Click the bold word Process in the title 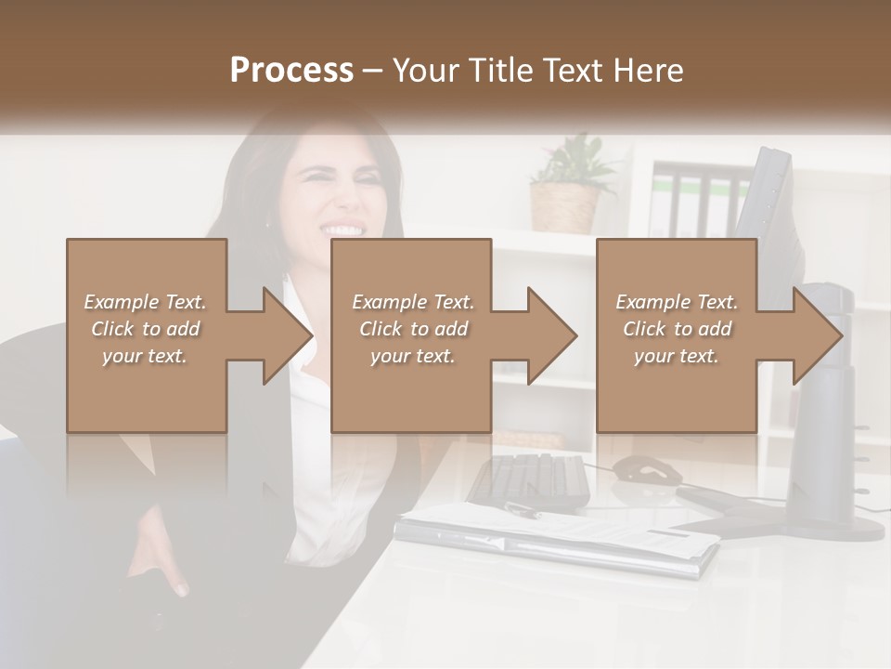tap(291, 70)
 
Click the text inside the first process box tap(145, 329)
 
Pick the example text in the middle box tap(412, 329)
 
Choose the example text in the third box tap(676, 329)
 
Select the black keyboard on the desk tap(528, 478)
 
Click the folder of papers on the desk tap(557, 539)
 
